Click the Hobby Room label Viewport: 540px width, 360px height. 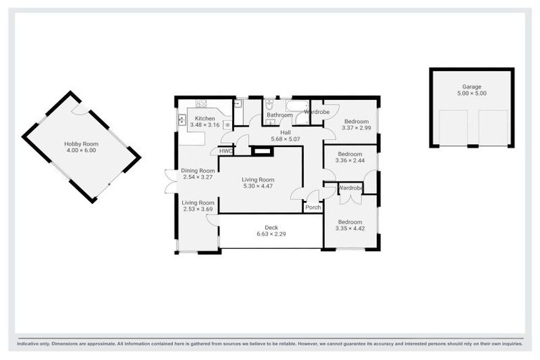(x=82, y=143)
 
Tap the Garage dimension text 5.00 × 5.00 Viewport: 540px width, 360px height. (x=472, y=93)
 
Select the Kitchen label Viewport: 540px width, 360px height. (x=205, y=118)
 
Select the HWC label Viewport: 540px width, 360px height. (x=225, y=150)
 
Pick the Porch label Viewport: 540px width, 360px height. (x=313, y=207)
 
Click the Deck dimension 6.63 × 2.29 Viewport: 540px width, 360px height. (x=271, y=234)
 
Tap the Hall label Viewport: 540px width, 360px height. (x=285, y=131)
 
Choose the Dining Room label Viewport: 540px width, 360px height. (x=198, y=170)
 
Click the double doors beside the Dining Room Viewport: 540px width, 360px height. (x=169, y=181)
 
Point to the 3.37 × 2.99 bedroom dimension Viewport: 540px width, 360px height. (x=356, y=128)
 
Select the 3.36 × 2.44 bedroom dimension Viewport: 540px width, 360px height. (x=349, y=160)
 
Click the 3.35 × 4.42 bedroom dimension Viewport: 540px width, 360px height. (x=349, y=228)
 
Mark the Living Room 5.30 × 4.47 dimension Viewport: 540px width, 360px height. (x=257, y=186)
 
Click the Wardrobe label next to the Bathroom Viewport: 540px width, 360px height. (x=317, y=112)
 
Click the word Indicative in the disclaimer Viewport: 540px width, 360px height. (x=31, y=344)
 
